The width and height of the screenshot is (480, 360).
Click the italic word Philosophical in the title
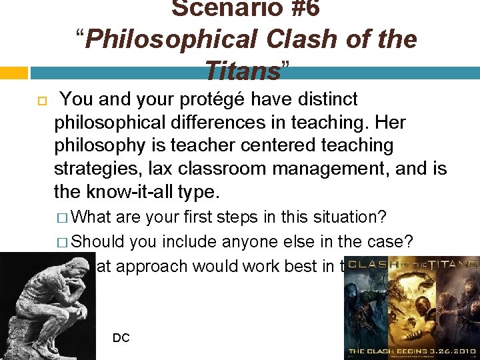(171, 39)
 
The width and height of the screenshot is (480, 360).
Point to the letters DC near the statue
(121, 338)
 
